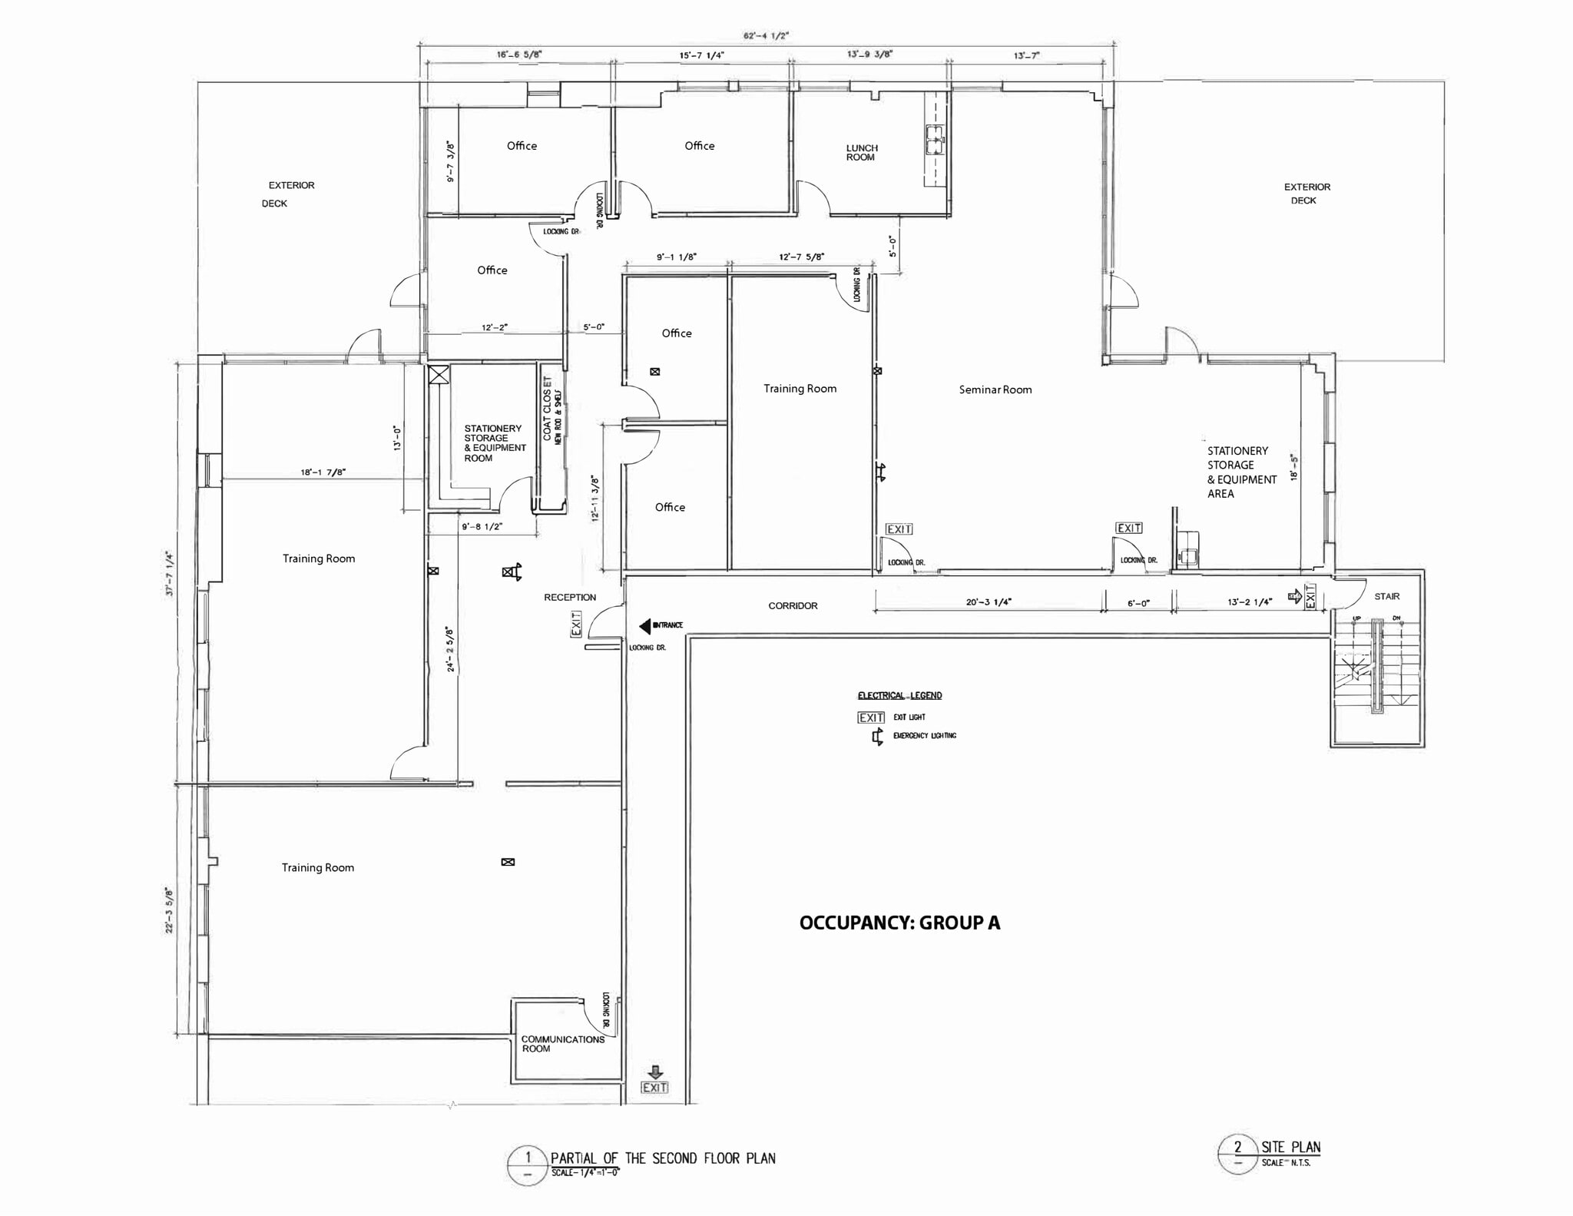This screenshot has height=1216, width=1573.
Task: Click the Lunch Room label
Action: [861, 152]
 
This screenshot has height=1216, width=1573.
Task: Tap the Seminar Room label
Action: [995, 389]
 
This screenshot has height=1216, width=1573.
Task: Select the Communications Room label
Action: [561, 1043]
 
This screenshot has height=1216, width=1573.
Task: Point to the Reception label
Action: [569, 597]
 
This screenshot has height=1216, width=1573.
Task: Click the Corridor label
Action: [793, 605]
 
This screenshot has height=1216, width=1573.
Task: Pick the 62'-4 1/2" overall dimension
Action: [766, 35]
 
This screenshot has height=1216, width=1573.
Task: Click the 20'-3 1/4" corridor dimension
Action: [989, 601]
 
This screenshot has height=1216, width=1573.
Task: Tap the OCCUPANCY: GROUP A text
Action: [899, 923]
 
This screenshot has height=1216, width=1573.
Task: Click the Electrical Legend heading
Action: [899, 695]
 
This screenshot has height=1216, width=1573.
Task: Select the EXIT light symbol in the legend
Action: [871, 717]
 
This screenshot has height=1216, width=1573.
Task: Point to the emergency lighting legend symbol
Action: [877, 737]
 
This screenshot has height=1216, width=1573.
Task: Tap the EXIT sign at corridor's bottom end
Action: [654, 1087]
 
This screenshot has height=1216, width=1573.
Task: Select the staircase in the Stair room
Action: [1377, 668]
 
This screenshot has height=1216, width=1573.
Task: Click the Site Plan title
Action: [1290, 1147]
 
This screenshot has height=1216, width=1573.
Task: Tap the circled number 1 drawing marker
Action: [528, 1158]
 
